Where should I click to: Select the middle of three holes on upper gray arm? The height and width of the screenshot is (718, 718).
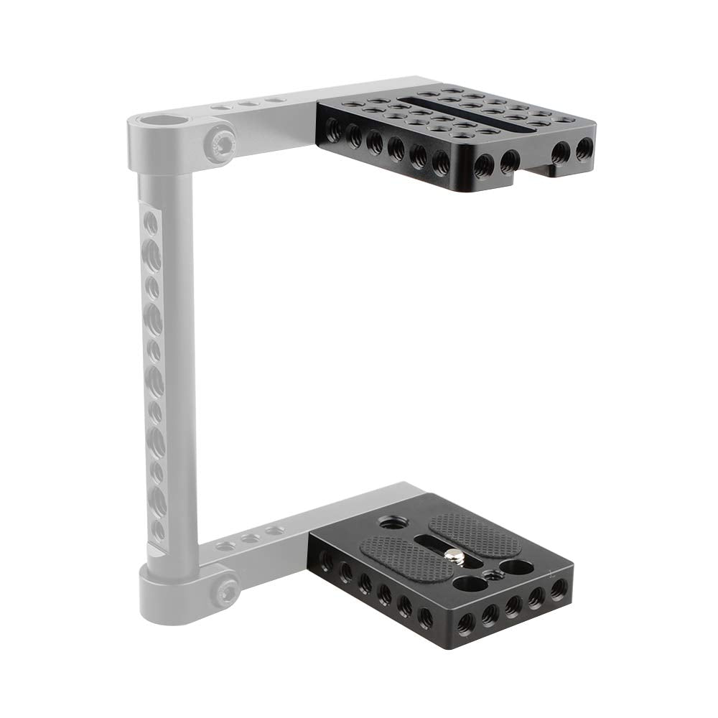coord(248,104)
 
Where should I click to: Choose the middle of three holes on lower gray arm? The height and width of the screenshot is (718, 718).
coord(249,538)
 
